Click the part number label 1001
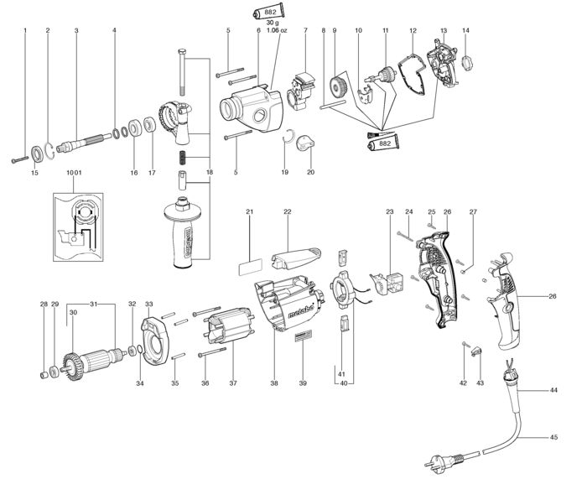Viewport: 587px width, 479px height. [74, 173]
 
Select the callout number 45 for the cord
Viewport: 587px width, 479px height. [553, 437]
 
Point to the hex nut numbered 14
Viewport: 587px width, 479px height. [467, 63]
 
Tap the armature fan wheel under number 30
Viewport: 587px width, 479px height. [72, 366]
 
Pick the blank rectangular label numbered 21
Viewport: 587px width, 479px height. [250, 268]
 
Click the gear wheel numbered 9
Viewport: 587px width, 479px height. [339, 87]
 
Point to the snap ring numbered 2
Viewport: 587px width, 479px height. [49, 151]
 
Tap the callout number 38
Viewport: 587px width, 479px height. [274, 383]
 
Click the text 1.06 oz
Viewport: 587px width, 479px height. [276, 30]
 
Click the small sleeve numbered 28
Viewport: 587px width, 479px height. [44, 374]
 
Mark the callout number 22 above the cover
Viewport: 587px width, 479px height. [287, 211]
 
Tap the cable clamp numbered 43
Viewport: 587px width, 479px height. [475, 351]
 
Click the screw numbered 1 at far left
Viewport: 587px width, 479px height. [20, 159]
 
